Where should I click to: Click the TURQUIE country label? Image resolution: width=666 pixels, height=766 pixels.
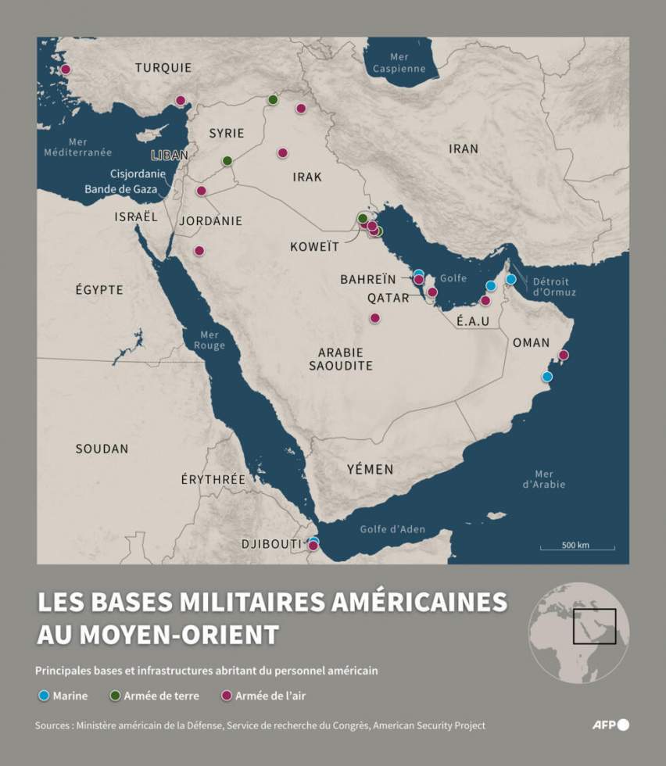163,68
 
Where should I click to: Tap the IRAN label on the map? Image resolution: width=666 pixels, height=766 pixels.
464,149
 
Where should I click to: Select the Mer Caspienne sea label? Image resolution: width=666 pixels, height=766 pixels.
399,63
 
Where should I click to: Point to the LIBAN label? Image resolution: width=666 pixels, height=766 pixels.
170,155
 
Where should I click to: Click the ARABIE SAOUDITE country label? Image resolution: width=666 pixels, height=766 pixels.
340,359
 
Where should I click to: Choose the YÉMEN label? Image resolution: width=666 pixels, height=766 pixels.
370,470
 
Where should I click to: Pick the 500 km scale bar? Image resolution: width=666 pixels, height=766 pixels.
576,546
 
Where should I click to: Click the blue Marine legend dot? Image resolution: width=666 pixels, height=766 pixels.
44,696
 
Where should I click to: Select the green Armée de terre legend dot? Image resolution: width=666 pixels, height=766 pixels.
116,696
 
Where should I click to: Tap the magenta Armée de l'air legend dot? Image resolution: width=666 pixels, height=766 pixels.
227,696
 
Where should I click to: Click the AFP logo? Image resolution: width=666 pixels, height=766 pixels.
610,725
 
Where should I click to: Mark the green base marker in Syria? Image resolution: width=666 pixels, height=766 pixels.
227,160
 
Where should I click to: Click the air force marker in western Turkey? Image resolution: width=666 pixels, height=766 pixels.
66,70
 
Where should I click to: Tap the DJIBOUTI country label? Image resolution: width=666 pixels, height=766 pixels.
270,543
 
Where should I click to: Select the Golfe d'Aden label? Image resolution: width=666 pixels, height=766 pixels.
392,529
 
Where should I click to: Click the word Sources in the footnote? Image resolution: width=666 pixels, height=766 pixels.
53,725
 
